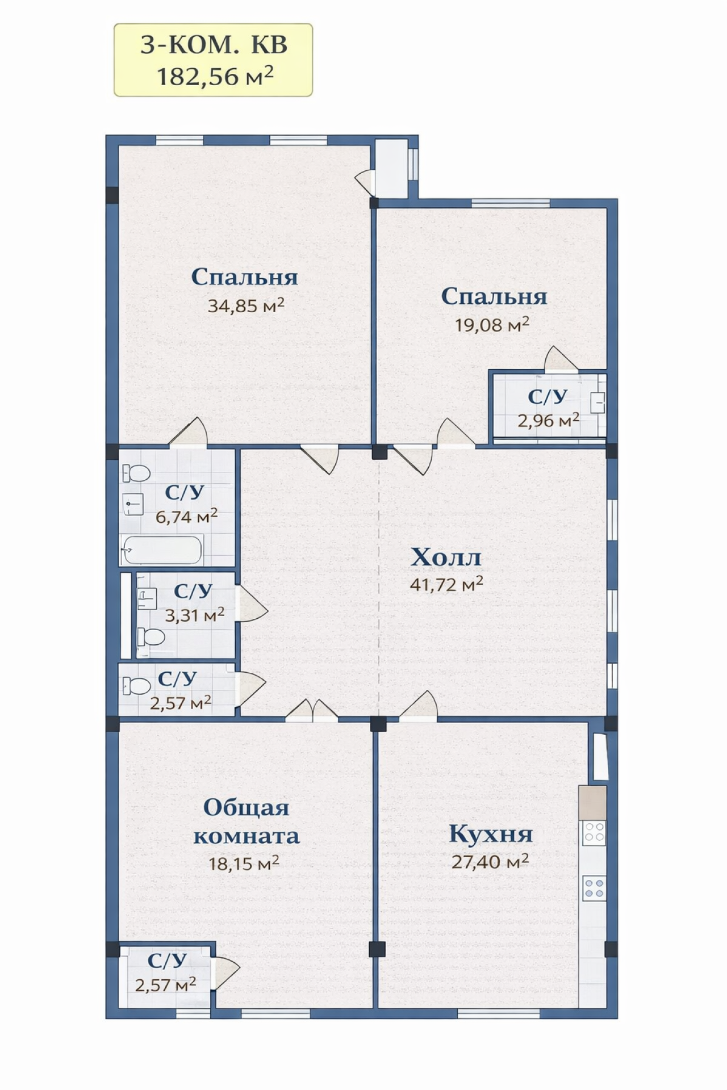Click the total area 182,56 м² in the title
(215, 76)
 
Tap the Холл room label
(446, 557)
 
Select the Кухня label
(491, 833)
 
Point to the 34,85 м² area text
(246, 305)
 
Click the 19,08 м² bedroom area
(492, 324)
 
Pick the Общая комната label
(246, 821)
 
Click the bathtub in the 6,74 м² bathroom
(162, 550)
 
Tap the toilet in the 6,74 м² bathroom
(136, 472)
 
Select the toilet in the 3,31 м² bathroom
(151, 638)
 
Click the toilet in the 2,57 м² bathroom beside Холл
(136, 685)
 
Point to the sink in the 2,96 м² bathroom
(598, 403)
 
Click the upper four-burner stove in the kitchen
(594, 832)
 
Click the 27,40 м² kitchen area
(490, 861)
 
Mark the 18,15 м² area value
(244, 863)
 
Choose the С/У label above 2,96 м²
(548, 397)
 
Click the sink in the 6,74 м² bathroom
(133, 504)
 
